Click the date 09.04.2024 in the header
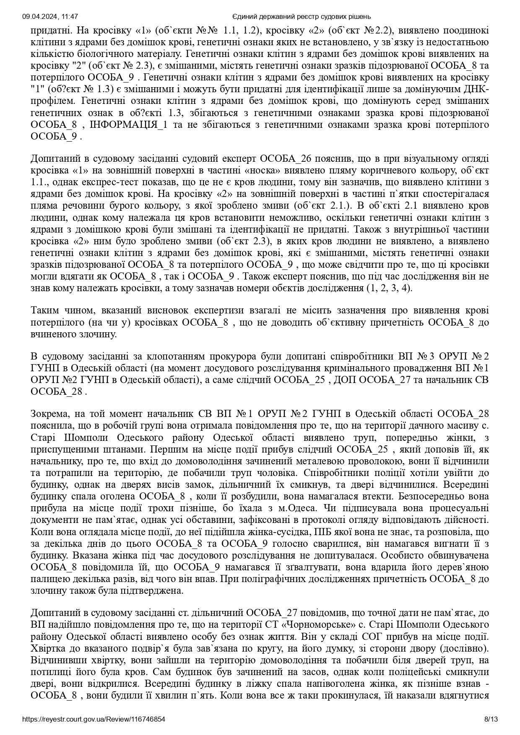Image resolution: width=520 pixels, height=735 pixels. pyautogui.click(x=38, y=16)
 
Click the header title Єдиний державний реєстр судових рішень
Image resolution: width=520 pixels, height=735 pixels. pyautogui.click(x=302, y=16)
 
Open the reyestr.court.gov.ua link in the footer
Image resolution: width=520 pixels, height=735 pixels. pyautogui.click(x=94, y=719)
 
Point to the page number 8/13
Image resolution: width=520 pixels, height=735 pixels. pyautogui.click(x=491, y=719)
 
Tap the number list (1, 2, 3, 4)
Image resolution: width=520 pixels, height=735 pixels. pyautogui.click(x=390, y=288)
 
